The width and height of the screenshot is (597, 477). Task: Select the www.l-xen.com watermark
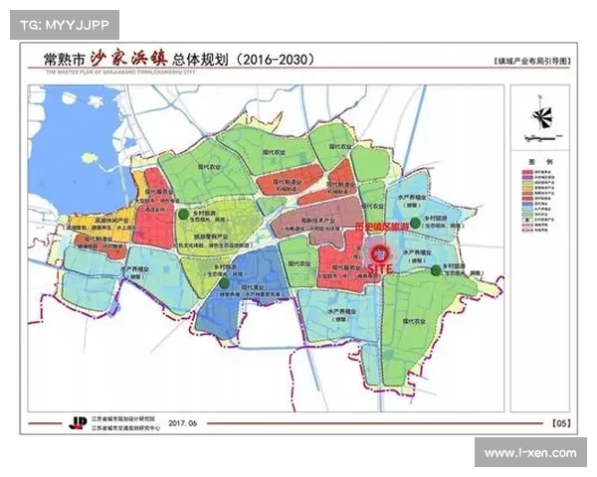coord(529,453)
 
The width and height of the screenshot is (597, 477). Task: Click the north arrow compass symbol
coord(541,113)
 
